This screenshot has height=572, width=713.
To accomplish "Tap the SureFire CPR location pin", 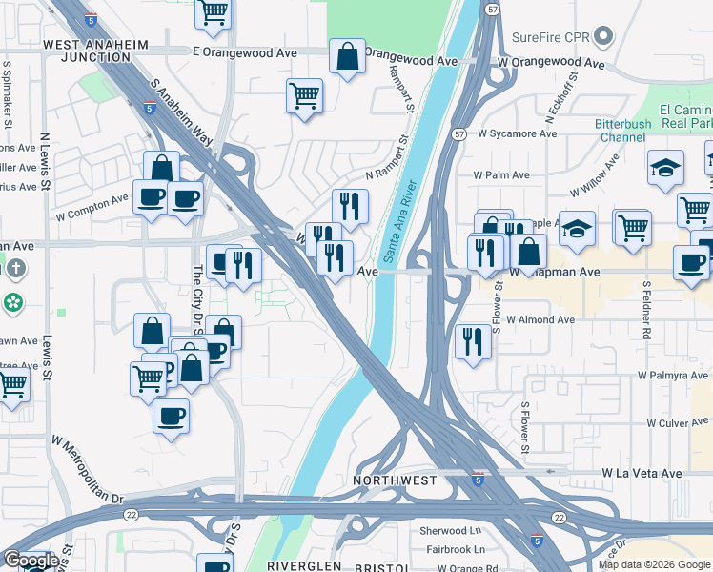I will [602, 37].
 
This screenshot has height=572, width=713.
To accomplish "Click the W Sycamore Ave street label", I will [517, 134].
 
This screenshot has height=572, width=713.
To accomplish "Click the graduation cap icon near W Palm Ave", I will [664, 168].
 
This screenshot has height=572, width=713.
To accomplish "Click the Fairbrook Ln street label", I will [455, 549].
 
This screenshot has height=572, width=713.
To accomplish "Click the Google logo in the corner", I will [31, 561].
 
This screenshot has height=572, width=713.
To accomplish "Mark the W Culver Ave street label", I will [679, 422].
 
